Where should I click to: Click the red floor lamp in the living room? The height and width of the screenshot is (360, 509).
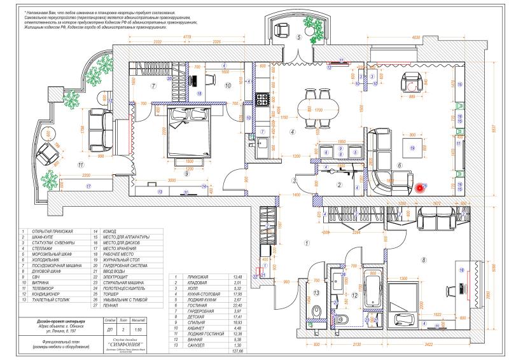[421, 188]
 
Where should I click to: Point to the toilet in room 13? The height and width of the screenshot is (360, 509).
[316, 311]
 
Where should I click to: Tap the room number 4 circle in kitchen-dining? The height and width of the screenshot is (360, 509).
[292, 132]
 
